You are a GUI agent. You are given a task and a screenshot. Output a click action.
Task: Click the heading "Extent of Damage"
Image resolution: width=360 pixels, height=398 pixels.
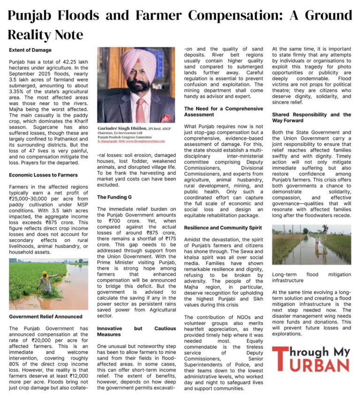pos(30,50)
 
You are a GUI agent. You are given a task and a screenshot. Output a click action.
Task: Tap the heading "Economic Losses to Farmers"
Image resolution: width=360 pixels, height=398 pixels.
pos(43,175)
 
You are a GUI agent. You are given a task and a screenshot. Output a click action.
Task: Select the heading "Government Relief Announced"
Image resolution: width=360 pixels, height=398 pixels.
pos(45,316)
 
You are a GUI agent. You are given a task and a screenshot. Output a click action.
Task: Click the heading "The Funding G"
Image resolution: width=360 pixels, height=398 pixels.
pos(115,197)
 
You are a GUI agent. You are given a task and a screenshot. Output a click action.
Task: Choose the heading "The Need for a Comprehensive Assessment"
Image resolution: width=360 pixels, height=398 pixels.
pos(223,111)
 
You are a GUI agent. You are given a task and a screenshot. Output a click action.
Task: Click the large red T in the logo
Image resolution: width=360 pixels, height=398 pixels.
pos(280,359)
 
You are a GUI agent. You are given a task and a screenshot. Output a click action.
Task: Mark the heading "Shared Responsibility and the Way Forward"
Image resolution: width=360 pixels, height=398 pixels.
pos(311,118)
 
